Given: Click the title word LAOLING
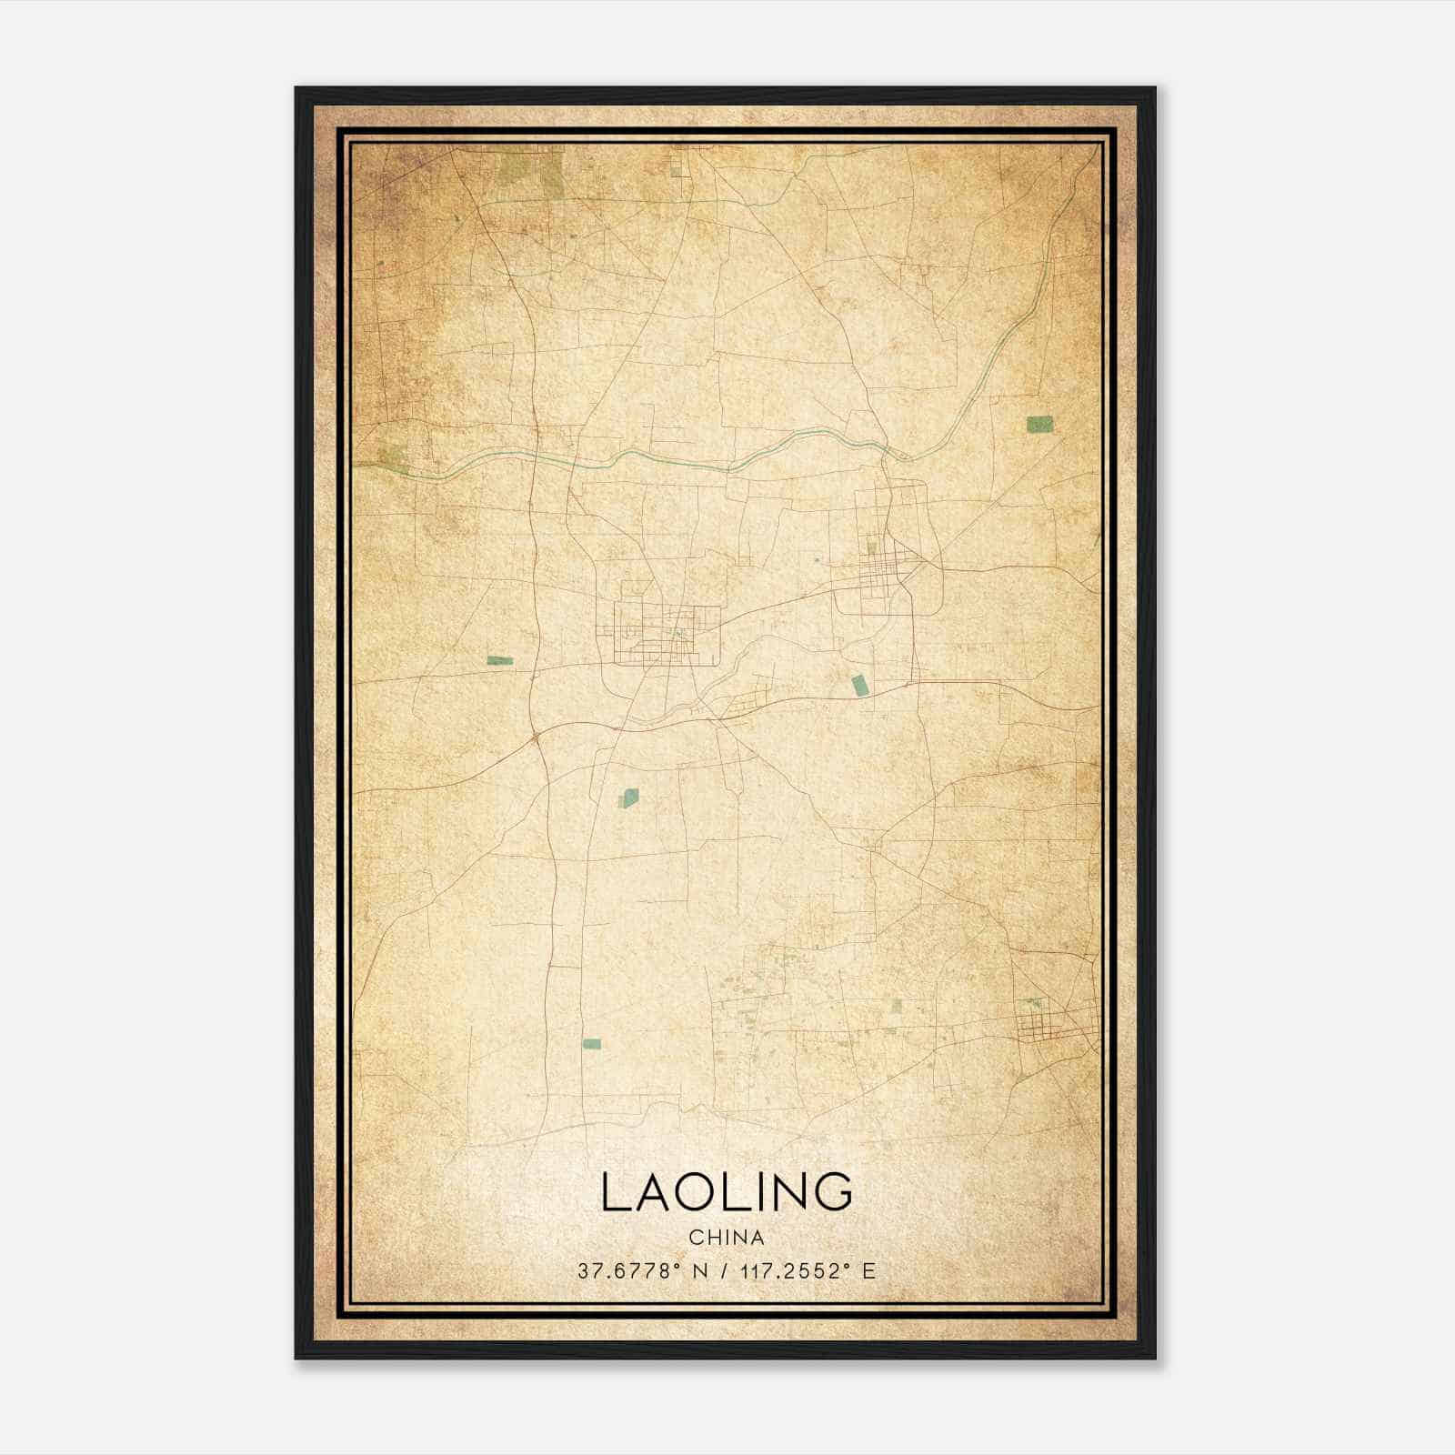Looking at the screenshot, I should pyautogui.click(x=727, y=1192).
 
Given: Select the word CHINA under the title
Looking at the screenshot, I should pyautogui.click(x=727, y=1238).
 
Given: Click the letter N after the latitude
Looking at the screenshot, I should pyautogui.click(x=700, y=1271).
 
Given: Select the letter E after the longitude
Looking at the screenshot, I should pyautogui.click(x=869, y=1271).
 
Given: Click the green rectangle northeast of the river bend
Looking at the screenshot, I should pyautogui.click(x=1039, y=423).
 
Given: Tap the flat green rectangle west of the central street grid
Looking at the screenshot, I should pyautogui.click(x=499, y=660).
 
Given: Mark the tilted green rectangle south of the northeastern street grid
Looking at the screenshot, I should pyautogui.click(x=858, y=685).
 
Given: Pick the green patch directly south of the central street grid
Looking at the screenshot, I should pyautogui.click(x=628, y=798).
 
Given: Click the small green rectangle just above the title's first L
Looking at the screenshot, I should pyautogui.click(x=592, y=1044).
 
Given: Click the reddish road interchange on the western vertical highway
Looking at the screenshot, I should pyautogui.click(x=534, y=732).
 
